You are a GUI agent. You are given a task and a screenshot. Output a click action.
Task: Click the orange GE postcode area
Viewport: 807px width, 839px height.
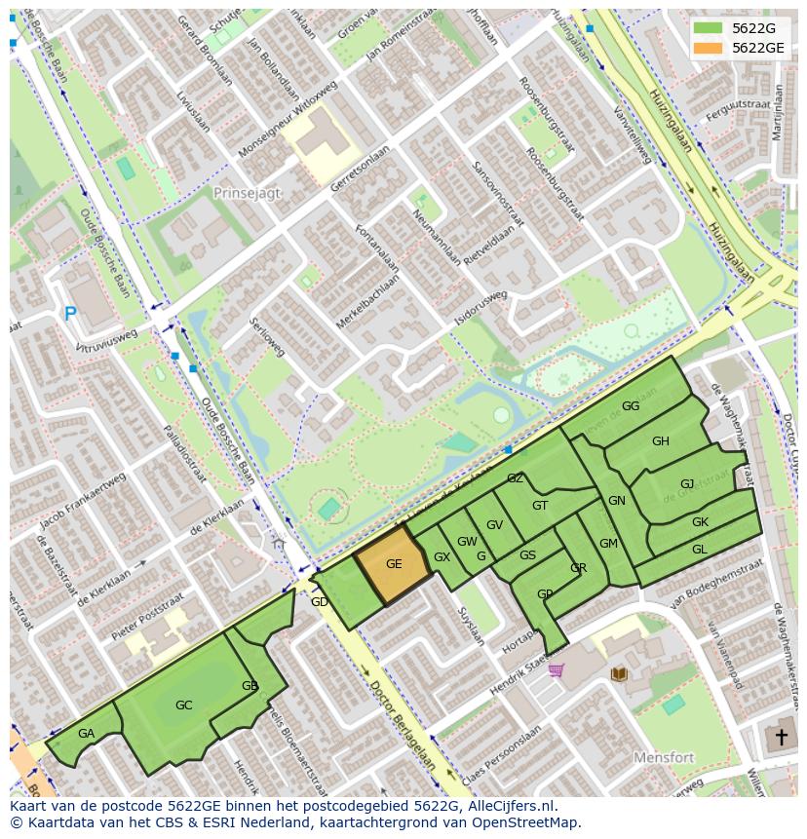point(393,565)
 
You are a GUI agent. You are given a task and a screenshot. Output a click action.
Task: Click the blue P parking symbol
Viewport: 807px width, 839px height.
point(70,314)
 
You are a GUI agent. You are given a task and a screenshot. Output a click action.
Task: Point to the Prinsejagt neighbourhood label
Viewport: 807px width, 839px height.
point(247,193)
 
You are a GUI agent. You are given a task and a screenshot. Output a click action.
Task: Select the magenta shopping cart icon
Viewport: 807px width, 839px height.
point(556,669)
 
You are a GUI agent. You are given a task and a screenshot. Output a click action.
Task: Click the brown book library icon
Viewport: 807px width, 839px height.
point(618,673)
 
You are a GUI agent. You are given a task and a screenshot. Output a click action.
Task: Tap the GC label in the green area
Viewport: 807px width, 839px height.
point(183,705)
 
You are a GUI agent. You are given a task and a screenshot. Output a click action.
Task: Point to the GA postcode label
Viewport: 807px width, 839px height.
point(86,734)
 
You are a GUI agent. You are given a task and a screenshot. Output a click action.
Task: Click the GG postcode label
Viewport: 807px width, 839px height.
point(631,406)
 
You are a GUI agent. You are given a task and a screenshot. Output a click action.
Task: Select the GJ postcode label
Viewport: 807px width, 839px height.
point(687,484)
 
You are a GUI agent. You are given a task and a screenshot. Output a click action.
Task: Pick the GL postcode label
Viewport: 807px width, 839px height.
point(699,550)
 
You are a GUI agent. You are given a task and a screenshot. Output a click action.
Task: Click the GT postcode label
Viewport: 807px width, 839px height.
point(540,505)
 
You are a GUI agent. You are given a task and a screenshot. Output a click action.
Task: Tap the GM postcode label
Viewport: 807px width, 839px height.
point(608,544)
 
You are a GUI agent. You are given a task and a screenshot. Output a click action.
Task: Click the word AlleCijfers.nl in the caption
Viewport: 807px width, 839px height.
point(512,806)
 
